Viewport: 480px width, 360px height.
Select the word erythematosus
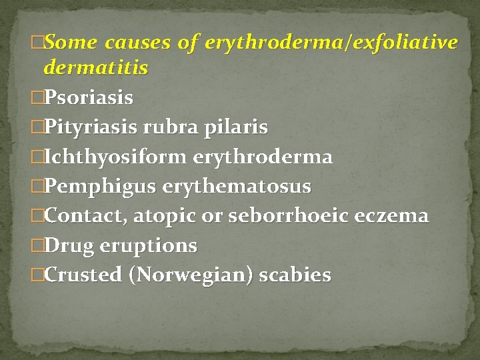tap(237, 187)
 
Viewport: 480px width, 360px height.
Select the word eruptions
tap(149, 246)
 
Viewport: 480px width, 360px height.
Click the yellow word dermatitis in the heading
tap(95, 68)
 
